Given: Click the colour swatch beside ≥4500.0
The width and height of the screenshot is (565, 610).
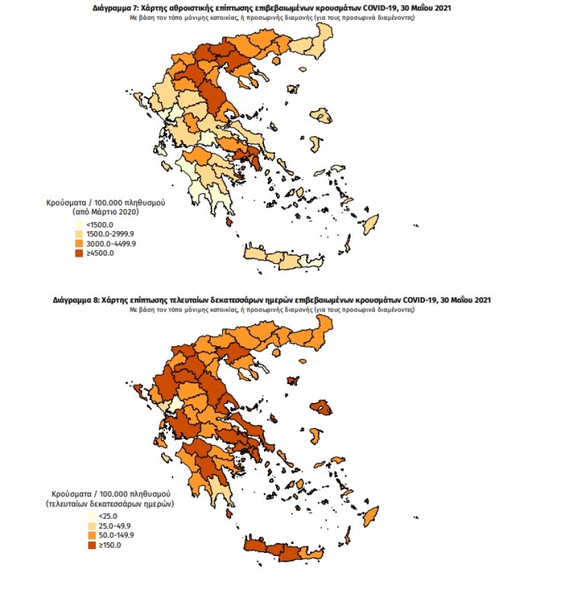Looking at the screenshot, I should pyautogui.click(x=80, y=252).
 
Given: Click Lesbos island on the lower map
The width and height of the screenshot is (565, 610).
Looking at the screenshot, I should pyautogui.click(x=321, y=408).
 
